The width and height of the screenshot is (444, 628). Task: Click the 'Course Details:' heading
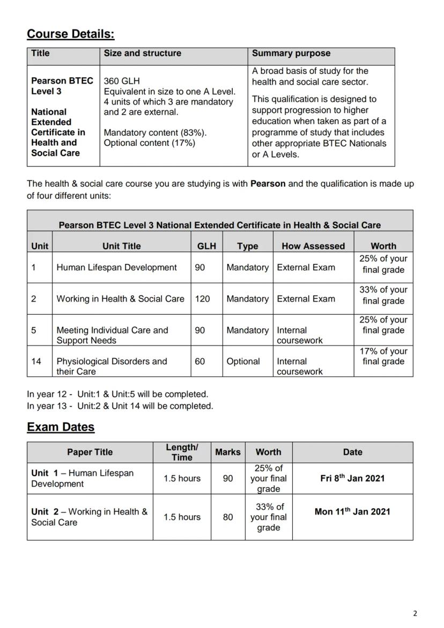coord(70,34)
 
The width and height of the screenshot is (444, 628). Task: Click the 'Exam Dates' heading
coord(61,427)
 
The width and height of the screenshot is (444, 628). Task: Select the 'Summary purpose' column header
coord(291,53)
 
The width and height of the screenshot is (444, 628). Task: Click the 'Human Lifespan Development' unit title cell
coord(116,267)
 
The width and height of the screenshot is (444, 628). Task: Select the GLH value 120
coord(202,299)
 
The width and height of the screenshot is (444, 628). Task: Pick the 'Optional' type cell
coord(243,361)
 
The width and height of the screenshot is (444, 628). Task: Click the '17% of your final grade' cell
coord(383,356)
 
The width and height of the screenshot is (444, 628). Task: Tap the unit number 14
coord(36,361)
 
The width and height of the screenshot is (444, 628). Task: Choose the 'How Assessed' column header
coord(313,246)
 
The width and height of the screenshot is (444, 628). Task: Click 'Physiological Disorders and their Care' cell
coord(112,366)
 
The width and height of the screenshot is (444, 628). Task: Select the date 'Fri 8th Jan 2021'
coord(352,478)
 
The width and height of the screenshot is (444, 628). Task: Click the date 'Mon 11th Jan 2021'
coord(352,512)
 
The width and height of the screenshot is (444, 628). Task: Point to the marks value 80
coord(228,517)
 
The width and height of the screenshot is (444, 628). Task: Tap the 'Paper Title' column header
coord(90,452)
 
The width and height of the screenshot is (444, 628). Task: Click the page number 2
coord(415,614)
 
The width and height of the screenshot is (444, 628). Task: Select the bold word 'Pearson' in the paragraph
coord(268,183)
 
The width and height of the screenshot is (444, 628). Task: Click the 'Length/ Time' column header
coord(182,452)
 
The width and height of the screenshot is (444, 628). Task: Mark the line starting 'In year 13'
coord(120,406)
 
